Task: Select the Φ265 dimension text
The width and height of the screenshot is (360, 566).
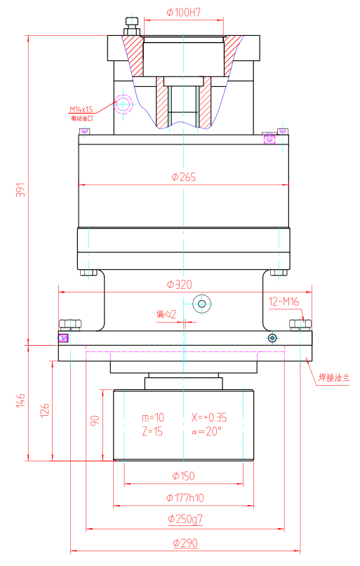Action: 182,177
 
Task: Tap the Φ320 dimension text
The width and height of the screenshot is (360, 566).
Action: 180,284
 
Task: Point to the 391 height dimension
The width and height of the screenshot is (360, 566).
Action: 20,190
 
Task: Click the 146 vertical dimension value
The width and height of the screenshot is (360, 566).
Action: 20,401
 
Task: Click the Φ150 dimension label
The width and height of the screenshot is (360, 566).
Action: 182,476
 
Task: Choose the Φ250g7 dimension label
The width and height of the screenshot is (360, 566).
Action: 185,519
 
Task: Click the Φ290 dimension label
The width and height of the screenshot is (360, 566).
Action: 184,543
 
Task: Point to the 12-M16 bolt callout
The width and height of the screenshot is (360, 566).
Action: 284,302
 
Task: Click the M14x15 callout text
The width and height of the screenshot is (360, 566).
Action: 81,109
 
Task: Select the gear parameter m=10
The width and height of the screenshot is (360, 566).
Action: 152,417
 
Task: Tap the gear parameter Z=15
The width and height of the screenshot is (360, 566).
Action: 152,431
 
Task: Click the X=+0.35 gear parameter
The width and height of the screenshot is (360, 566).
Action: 208,417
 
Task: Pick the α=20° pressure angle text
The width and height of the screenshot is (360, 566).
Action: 206,431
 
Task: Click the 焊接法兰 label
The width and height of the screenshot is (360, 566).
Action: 334,377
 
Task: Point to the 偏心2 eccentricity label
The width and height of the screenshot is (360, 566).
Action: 166,314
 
